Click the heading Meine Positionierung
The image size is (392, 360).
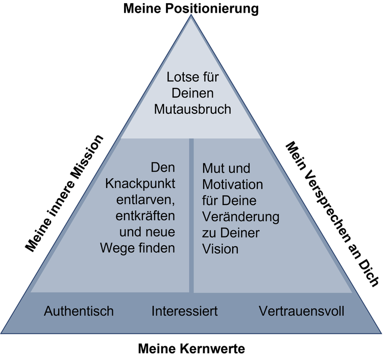(191, 8)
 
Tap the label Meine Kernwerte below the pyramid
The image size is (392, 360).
(191, 348)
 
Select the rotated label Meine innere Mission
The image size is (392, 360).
(64, 194)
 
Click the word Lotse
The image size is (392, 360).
(181, 77)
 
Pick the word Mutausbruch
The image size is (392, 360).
(192, 109)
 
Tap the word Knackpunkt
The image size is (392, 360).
(140, 184)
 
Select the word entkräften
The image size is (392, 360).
(145, 216)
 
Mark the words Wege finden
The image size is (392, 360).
(137, 248)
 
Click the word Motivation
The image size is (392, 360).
(233, 185)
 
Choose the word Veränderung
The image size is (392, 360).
(241, 217)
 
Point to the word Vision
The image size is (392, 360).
(220, 249)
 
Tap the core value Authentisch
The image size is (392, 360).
(79, 311)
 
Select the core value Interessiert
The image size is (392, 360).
(184, 311)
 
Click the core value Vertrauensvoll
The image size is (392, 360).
(302, 311)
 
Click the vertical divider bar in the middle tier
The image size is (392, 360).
(191, 215)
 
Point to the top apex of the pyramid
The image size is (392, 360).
(191, 15)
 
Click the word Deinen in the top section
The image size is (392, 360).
(192, 93)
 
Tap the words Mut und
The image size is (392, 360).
(226, 169)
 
